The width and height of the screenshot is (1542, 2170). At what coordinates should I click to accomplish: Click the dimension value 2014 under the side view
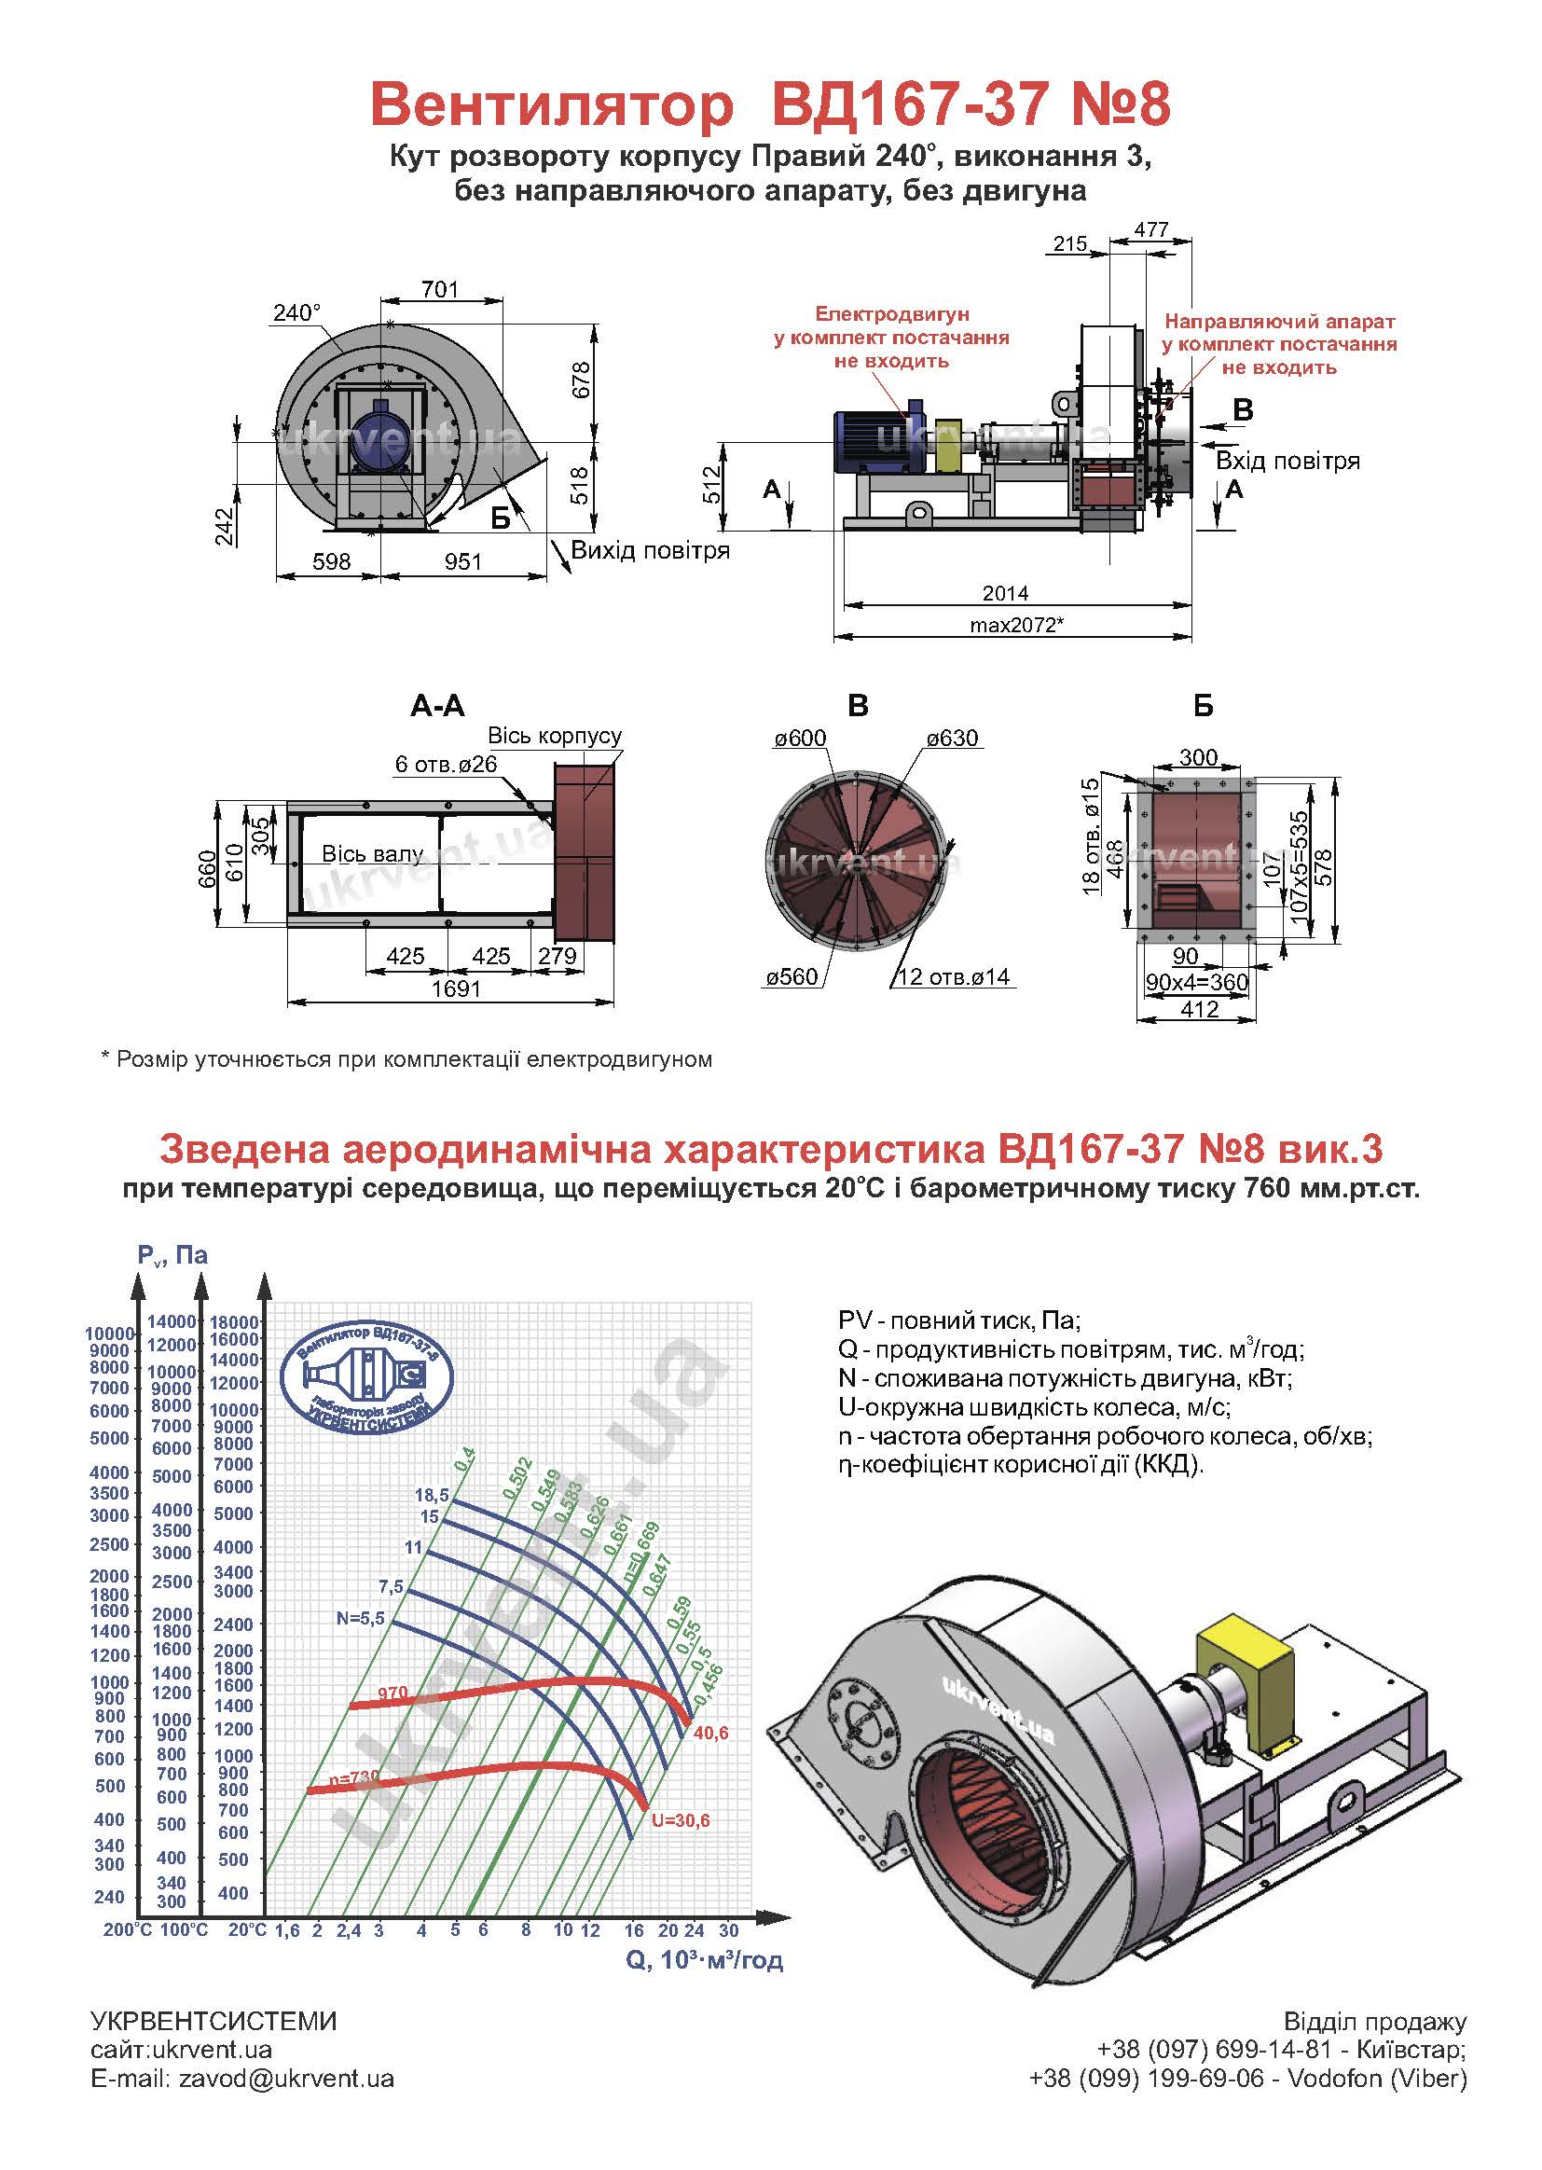point(1006,593)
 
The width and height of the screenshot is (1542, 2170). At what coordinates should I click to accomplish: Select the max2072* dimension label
point(1016,625)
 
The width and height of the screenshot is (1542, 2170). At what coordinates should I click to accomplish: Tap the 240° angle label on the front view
point(297,312)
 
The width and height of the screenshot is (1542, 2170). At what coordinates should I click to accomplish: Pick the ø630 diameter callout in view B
point(953,738)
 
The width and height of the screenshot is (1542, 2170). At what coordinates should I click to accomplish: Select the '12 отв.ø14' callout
point(954,976)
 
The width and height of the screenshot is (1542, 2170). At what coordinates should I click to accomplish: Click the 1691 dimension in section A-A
point(457,988)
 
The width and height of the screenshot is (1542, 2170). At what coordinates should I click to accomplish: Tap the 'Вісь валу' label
point(372,854)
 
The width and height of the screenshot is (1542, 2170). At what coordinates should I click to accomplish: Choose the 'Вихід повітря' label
point(651,551)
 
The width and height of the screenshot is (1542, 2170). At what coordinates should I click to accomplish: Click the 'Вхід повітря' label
point(1287,461)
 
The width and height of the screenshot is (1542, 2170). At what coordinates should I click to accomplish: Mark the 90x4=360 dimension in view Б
point(1196,982)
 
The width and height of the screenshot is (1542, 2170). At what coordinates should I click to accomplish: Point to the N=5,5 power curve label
point(361,1618)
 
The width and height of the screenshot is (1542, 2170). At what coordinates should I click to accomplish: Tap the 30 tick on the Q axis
point(728,1930)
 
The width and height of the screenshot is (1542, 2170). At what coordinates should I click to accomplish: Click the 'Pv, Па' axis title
point(172,1255)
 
